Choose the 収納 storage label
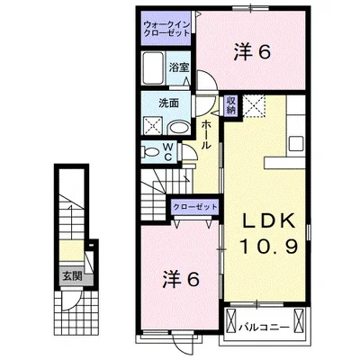231,104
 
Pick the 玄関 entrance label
70,276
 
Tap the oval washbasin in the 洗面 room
177,126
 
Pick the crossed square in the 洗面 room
152,127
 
